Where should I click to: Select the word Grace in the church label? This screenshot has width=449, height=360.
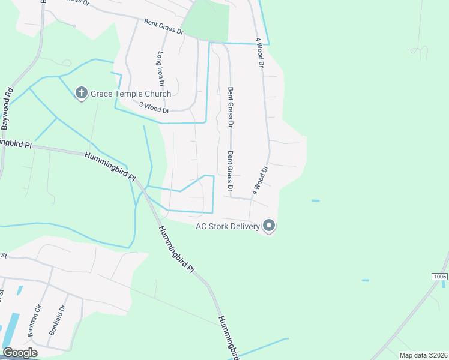pyautogui.click(x=101, y=94)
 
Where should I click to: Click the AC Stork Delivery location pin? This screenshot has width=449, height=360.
pyautogui.click(x=269, y=226)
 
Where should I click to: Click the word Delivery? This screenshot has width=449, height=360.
pyautogui.click(x=247, y=226)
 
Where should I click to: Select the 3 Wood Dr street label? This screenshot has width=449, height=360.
pyautogui.click(x=154, y=107)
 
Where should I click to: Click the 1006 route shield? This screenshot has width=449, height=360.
pyautogui.click(x=439, y=276)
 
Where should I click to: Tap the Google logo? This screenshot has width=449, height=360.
pyautogui.click(x=20, y=353)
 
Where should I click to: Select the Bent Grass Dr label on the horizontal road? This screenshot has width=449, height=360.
pyautogui.click(x=163, y=27)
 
